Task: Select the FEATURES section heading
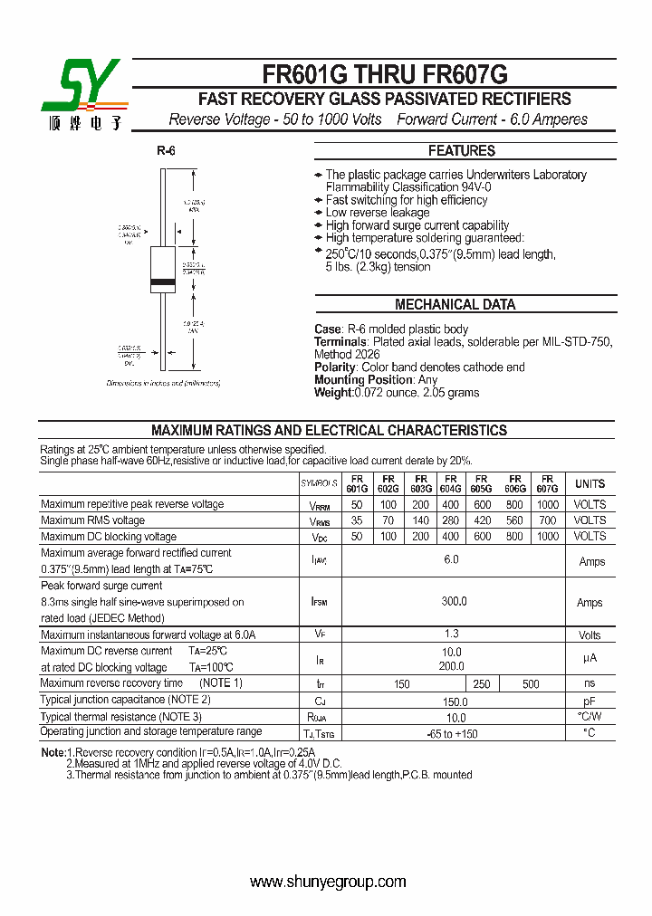(461, 151)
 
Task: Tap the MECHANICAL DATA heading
(455, 305)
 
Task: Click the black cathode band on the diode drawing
(162, 283)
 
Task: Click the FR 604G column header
(450, 482)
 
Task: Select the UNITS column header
(590, 483)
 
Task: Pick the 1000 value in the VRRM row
(547, 504)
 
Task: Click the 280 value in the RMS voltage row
(450, 520)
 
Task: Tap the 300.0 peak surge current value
(453, 601)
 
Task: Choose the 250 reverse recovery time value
(482, 684)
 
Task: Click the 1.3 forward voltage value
(453, 635)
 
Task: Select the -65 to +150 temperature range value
(453, 733)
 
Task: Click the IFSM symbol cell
(320, 601)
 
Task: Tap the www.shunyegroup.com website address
(328, 882)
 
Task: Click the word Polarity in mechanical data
(334, 367)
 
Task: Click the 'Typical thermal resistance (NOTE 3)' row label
(120, 716)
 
